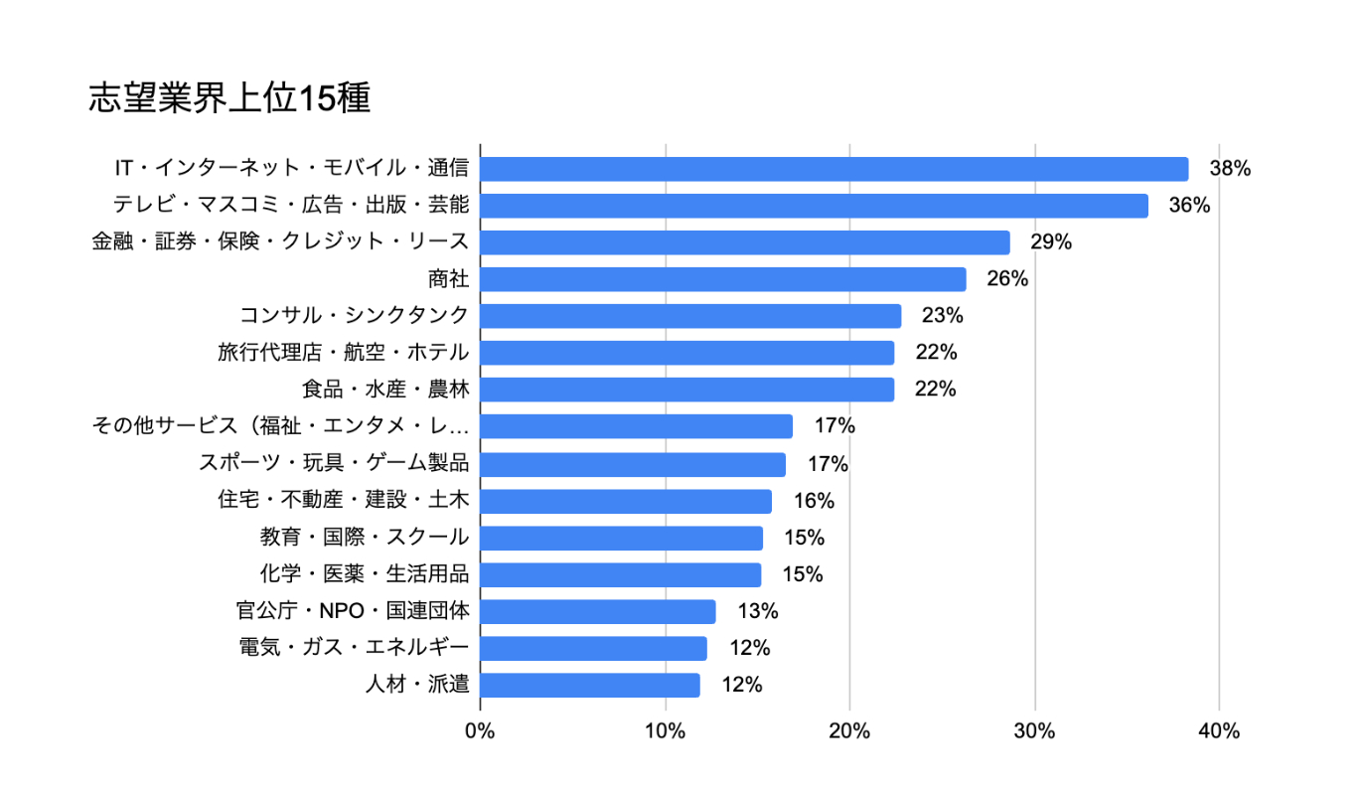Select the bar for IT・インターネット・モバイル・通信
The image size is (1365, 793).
pyautogui.click(x=834, y=169)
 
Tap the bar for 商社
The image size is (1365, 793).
pyautogui.click(x=722, y=279)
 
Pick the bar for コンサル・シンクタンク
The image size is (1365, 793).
pyautogui.click(x=690, y=316)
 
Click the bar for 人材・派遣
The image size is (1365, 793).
pyautogui.click(x=590, y=685)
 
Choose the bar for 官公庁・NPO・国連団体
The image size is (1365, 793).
pyautogui.click(x=598, y=611)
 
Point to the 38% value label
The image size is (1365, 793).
pyautogui.click(x=1229, y=169)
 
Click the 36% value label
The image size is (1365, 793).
pyautogui.click(x=1189, y=206)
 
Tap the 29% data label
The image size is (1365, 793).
pyautogui.click(x=1051, y=242)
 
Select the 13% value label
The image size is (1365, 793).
pyautogui.click(x=757, y=611)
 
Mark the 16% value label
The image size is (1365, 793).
pyautogui.click(x=814, y=501)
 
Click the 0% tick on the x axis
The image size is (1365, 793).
pyautogui.click(x=480, y=731)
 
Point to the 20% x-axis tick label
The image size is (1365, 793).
pyautogui.click(x=849, y=731)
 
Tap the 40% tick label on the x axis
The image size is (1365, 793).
pyautogui.click(x=1219, y=731)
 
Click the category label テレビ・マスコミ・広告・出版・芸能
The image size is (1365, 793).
pyautogui.click(x=290, y=206)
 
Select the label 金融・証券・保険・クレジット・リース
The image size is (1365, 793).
pyautogui.click(x=280, y=242)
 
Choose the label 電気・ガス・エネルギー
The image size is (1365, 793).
pyautogui.click(x=354, y=648)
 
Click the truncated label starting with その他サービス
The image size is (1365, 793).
pyautogui.click(x=280, y=426)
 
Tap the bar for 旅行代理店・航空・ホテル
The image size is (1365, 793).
pyautogui.click(x=686, y=353)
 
